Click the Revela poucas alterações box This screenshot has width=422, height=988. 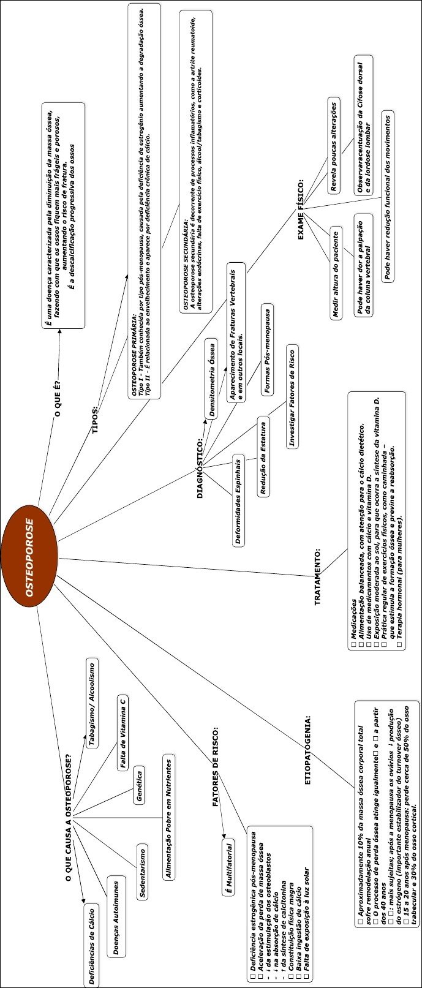point(333,145)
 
